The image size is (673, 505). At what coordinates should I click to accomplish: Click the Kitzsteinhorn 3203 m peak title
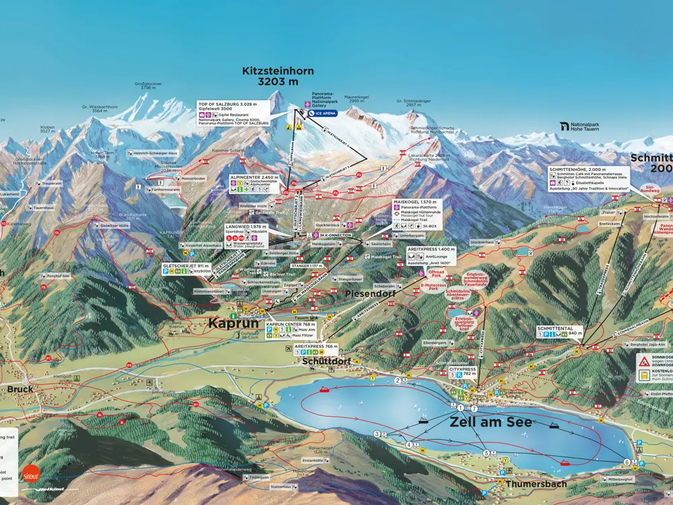278,76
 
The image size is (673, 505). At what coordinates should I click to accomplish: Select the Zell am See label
491,422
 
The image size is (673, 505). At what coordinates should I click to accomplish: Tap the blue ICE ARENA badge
322,114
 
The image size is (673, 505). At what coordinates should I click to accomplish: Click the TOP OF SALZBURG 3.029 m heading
232,104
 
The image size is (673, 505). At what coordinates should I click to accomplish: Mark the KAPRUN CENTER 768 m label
290,324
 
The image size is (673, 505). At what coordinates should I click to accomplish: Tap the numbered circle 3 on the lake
377,433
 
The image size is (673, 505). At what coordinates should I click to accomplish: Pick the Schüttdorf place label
325,360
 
